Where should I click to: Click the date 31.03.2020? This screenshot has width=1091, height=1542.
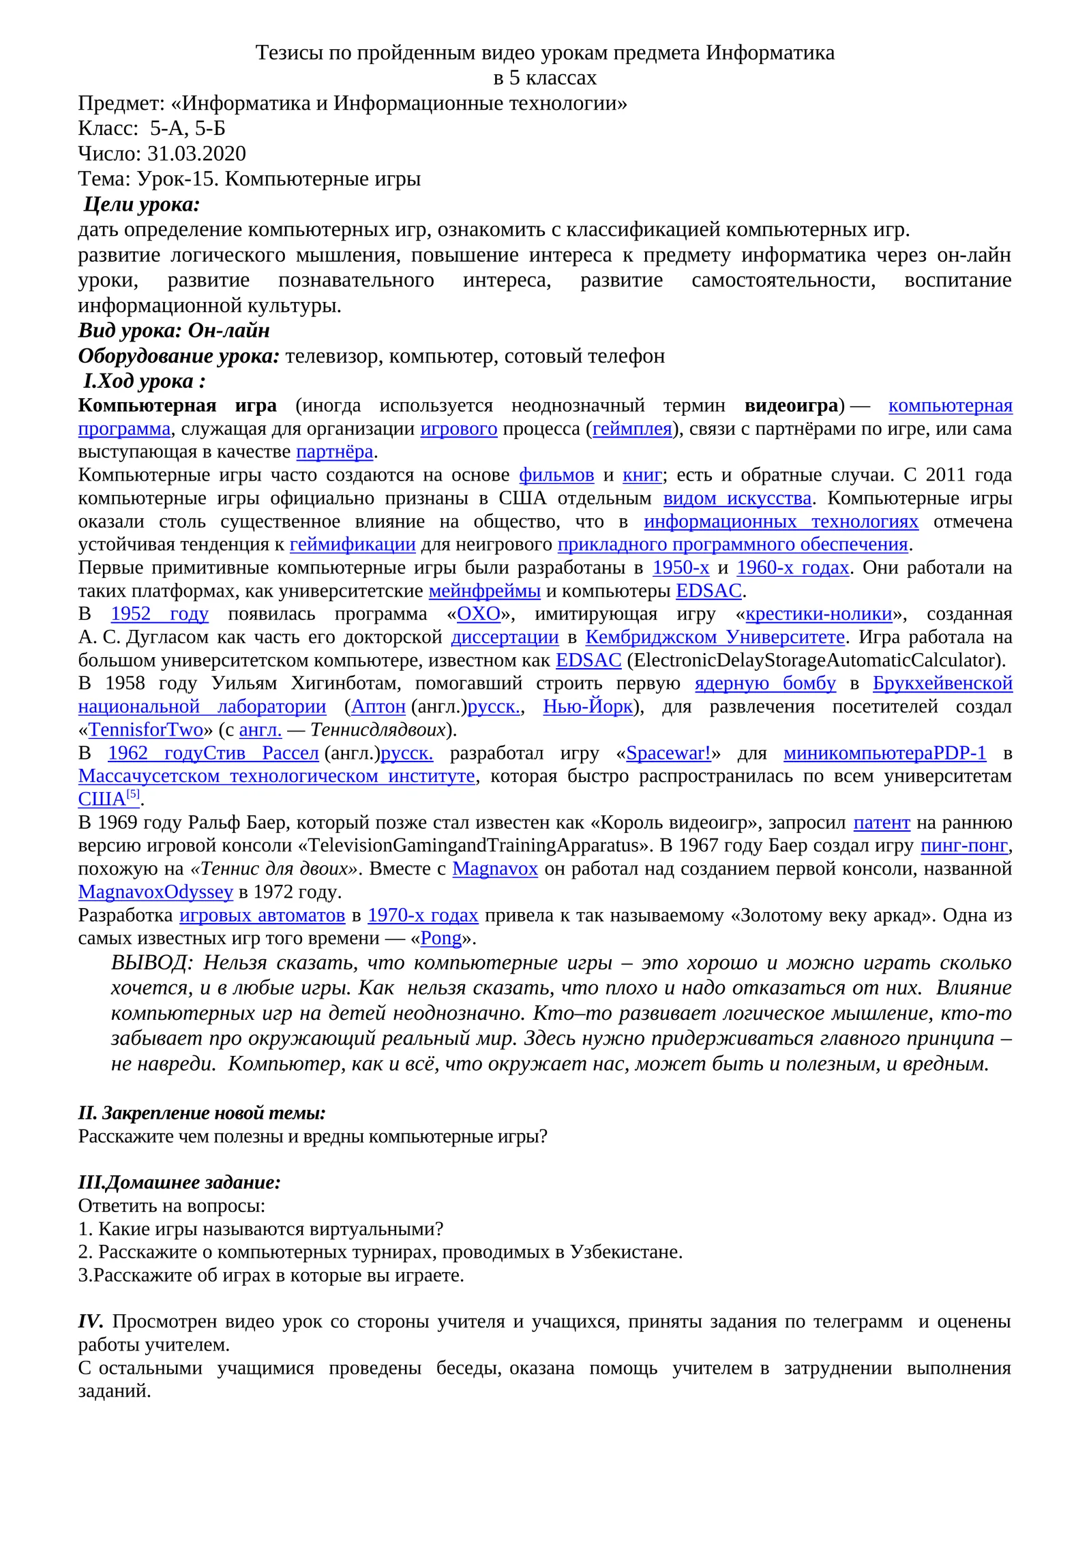click(x=196, y=153)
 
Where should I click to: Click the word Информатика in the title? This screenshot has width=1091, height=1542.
click(x=770, y=52)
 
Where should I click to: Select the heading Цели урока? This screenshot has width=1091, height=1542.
click(x=142, y=204)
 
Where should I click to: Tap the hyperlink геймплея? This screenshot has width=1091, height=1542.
click(x=632, y=429)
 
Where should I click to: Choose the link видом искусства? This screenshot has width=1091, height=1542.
click(x=737, y=498)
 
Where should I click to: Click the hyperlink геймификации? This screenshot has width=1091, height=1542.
click(x=353, y=545)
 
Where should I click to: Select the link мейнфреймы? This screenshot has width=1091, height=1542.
click(x=485, y=591)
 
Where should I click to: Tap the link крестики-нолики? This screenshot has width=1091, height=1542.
click(x=819, y=614)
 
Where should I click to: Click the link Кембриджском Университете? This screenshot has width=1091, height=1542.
click(x=715, y=637)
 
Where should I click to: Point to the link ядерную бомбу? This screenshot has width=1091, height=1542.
click(x=765, y=684)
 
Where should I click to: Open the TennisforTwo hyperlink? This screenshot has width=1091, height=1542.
click(x=146, y=730)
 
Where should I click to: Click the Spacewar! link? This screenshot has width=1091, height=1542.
click(x=668, y=753)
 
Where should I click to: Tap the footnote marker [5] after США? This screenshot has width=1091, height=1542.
click(x=134, y=794)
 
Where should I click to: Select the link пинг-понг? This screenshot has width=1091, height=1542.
click(x=964, y=846)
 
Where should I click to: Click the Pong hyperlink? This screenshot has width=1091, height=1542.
click(x=441, y=939)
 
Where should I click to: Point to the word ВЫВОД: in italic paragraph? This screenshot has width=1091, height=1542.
click(x=151, y=963)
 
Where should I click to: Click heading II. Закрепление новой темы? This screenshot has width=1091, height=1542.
click(x=202, y=1113)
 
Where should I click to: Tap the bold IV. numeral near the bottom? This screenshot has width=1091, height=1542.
click(x=90, y=1322)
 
